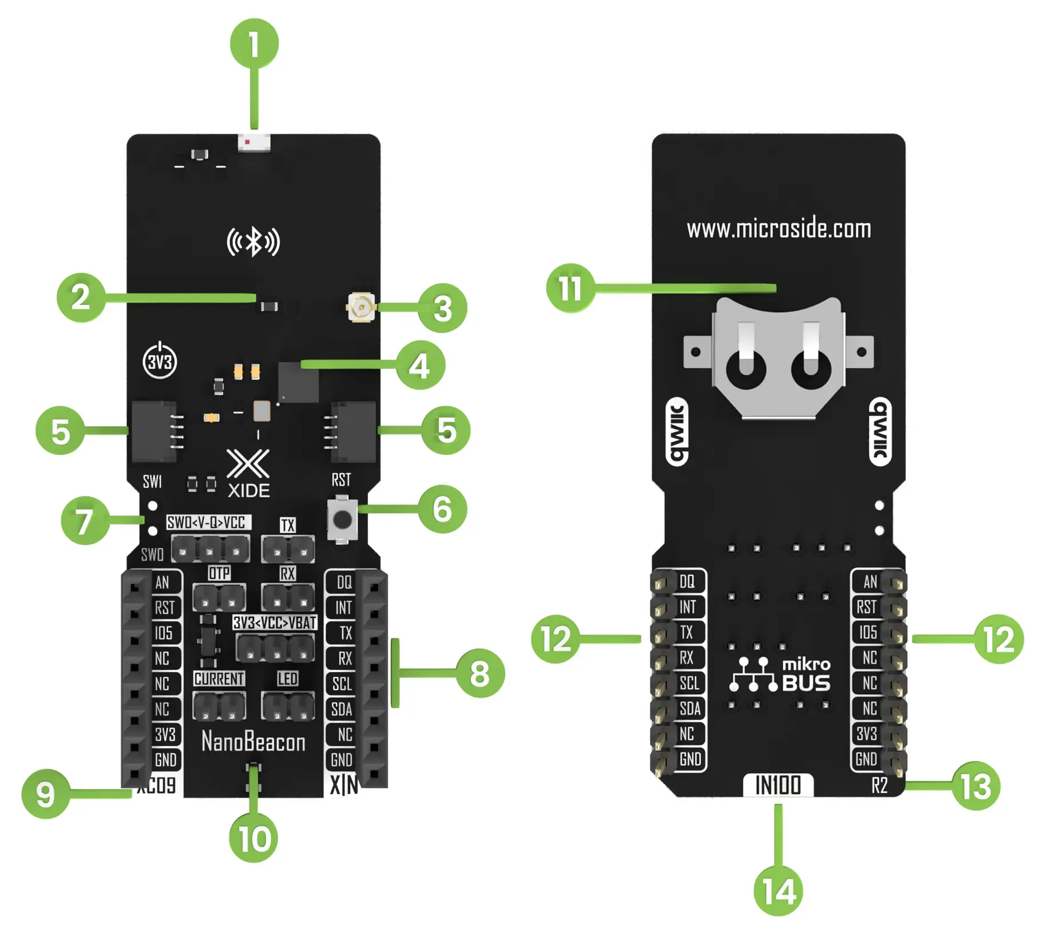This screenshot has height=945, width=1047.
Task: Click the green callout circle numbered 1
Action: point(254,43)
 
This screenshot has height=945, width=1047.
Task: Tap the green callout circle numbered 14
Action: point(778,891)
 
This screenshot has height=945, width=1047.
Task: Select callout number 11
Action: point(570,288)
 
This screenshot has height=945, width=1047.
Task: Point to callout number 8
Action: point(479,673)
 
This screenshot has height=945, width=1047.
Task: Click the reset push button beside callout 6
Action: point(342,520)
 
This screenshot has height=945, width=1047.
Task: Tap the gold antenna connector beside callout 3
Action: point(361,307)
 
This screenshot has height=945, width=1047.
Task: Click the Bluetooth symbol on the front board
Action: point(253,242)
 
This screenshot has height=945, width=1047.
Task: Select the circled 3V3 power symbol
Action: point(160,361)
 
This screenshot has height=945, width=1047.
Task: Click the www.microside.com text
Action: point(779,229)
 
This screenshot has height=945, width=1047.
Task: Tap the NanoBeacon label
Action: point(253,742)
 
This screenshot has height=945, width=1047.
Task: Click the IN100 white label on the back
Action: point(778,785)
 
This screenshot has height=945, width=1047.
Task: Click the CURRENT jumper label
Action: point(219,679)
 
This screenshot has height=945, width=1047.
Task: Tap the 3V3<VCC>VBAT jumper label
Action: point(275,622)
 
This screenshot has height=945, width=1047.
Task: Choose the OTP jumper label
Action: point(219,573)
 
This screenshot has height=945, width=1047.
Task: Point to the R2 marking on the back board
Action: point(879,785)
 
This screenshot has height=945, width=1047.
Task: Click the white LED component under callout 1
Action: point(254,142)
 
